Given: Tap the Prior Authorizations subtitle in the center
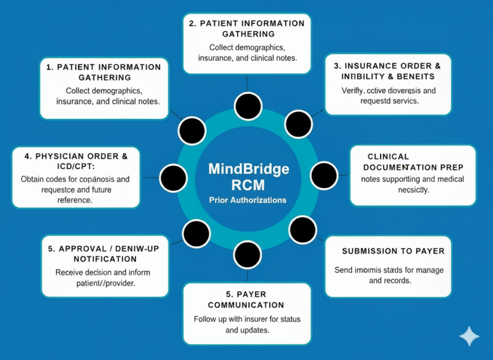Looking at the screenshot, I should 248,200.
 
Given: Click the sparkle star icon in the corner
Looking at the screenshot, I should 469,336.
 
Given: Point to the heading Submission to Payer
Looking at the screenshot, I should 393,251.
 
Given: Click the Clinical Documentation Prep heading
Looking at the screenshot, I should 413,162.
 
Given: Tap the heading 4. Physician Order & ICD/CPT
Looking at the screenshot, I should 76,161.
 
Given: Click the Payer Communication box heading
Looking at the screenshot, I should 246,299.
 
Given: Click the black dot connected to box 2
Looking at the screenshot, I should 248,106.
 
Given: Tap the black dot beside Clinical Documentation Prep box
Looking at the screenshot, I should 324,175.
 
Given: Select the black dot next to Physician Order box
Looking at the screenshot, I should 173,178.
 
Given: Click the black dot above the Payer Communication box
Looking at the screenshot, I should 247,255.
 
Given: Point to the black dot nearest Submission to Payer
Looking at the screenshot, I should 303,230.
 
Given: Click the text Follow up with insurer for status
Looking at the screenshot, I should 246,319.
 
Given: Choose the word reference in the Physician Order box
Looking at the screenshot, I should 76,200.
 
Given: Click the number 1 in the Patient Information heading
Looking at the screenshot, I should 49,67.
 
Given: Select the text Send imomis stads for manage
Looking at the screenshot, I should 389,270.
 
